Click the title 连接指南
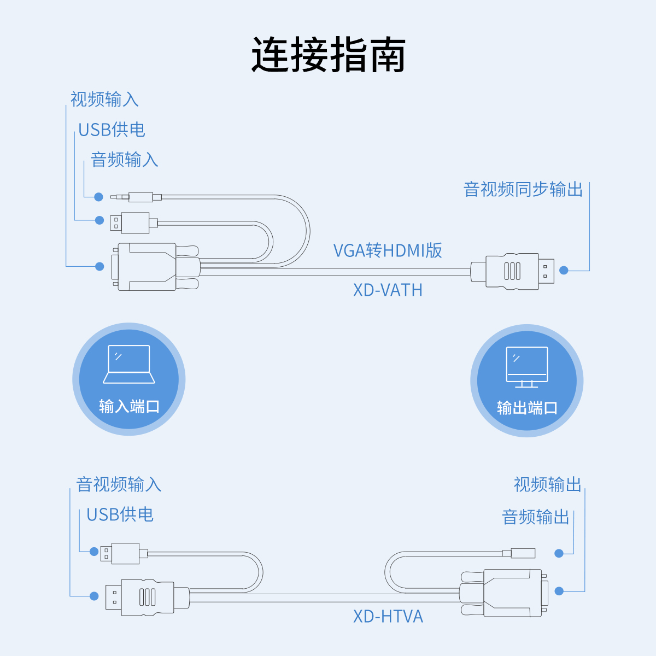click(328, 55)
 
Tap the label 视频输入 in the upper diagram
click(104, 99)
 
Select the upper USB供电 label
click(112, 130)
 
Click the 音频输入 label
click(124, 160)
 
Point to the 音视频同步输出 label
click(523, 189)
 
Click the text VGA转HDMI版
click(388, 250)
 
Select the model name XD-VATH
click(388, 289)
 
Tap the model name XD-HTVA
click(388, 616)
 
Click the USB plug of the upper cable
click(131, 222)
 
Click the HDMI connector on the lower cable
click(145, 597)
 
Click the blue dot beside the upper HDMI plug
click(564, 270)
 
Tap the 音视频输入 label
click(119, 484)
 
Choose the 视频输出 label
click(547, 484)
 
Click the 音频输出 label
click(536, 517)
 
